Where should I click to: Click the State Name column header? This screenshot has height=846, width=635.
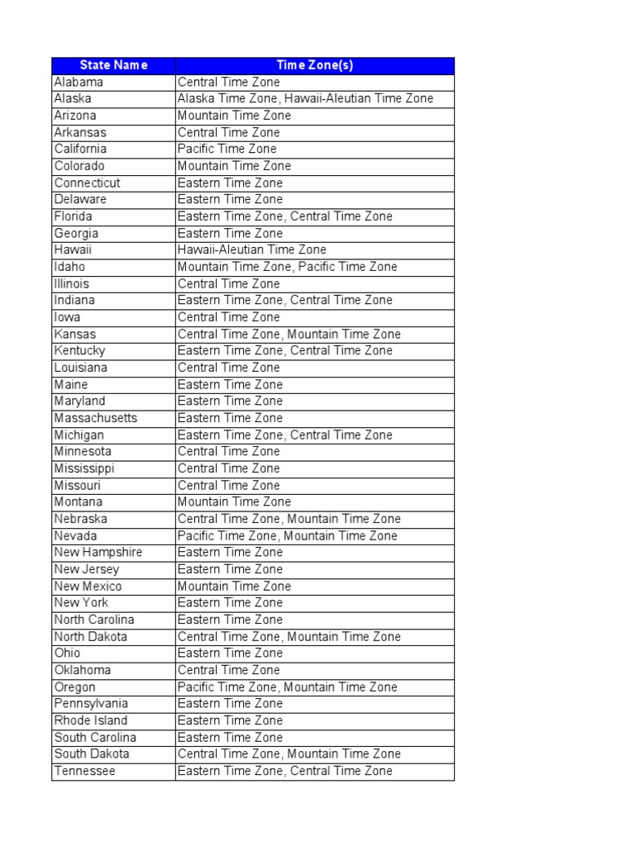point(113,65)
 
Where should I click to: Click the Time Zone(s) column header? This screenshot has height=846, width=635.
point(315,65)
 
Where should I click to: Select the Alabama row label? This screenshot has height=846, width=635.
point(79,83)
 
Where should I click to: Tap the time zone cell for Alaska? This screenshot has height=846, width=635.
point(305,99)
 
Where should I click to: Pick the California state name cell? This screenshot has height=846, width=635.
point(80,150)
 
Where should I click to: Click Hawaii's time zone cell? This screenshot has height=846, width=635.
point(252,250)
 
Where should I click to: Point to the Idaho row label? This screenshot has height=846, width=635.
point(69,267)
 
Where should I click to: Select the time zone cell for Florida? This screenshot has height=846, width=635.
point(285,216)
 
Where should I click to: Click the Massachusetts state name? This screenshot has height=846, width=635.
point(96,418)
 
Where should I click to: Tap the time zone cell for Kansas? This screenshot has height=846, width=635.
point(289,335)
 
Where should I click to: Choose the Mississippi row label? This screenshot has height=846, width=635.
point(84,468)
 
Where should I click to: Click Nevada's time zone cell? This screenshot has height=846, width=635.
point(288,536)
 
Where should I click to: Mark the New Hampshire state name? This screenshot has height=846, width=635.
point(98,553)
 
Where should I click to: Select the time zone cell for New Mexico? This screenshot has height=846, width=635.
point(234,587)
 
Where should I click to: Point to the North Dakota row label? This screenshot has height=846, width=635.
point(91,637)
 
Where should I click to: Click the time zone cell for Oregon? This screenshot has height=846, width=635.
point(288,687)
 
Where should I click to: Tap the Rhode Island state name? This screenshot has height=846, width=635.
point(91,720)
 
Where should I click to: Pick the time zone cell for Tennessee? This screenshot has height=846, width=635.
point(285,772)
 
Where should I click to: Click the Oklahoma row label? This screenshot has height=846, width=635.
point(83,670)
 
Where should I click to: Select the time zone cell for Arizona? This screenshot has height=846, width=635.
point(234,116)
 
